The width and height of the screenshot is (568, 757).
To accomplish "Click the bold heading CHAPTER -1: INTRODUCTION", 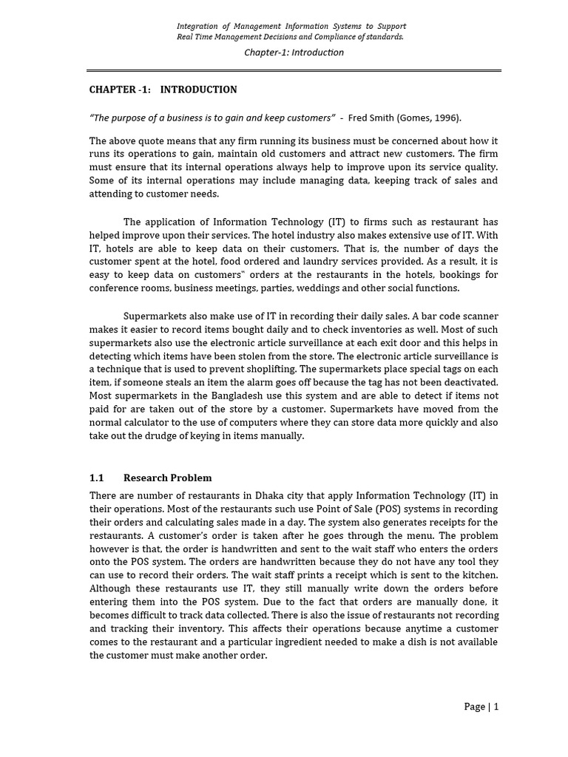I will [163, 89].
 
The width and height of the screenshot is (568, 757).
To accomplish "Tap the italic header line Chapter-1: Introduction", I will [294, 52].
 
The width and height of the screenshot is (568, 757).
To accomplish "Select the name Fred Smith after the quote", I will [373, 118].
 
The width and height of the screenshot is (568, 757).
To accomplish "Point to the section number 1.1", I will [97, 478].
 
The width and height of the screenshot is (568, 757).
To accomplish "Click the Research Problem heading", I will [167, 478].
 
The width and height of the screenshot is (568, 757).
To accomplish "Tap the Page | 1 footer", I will [481, 707].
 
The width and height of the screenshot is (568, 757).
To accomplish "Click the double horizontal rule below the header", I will [294, 71].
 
